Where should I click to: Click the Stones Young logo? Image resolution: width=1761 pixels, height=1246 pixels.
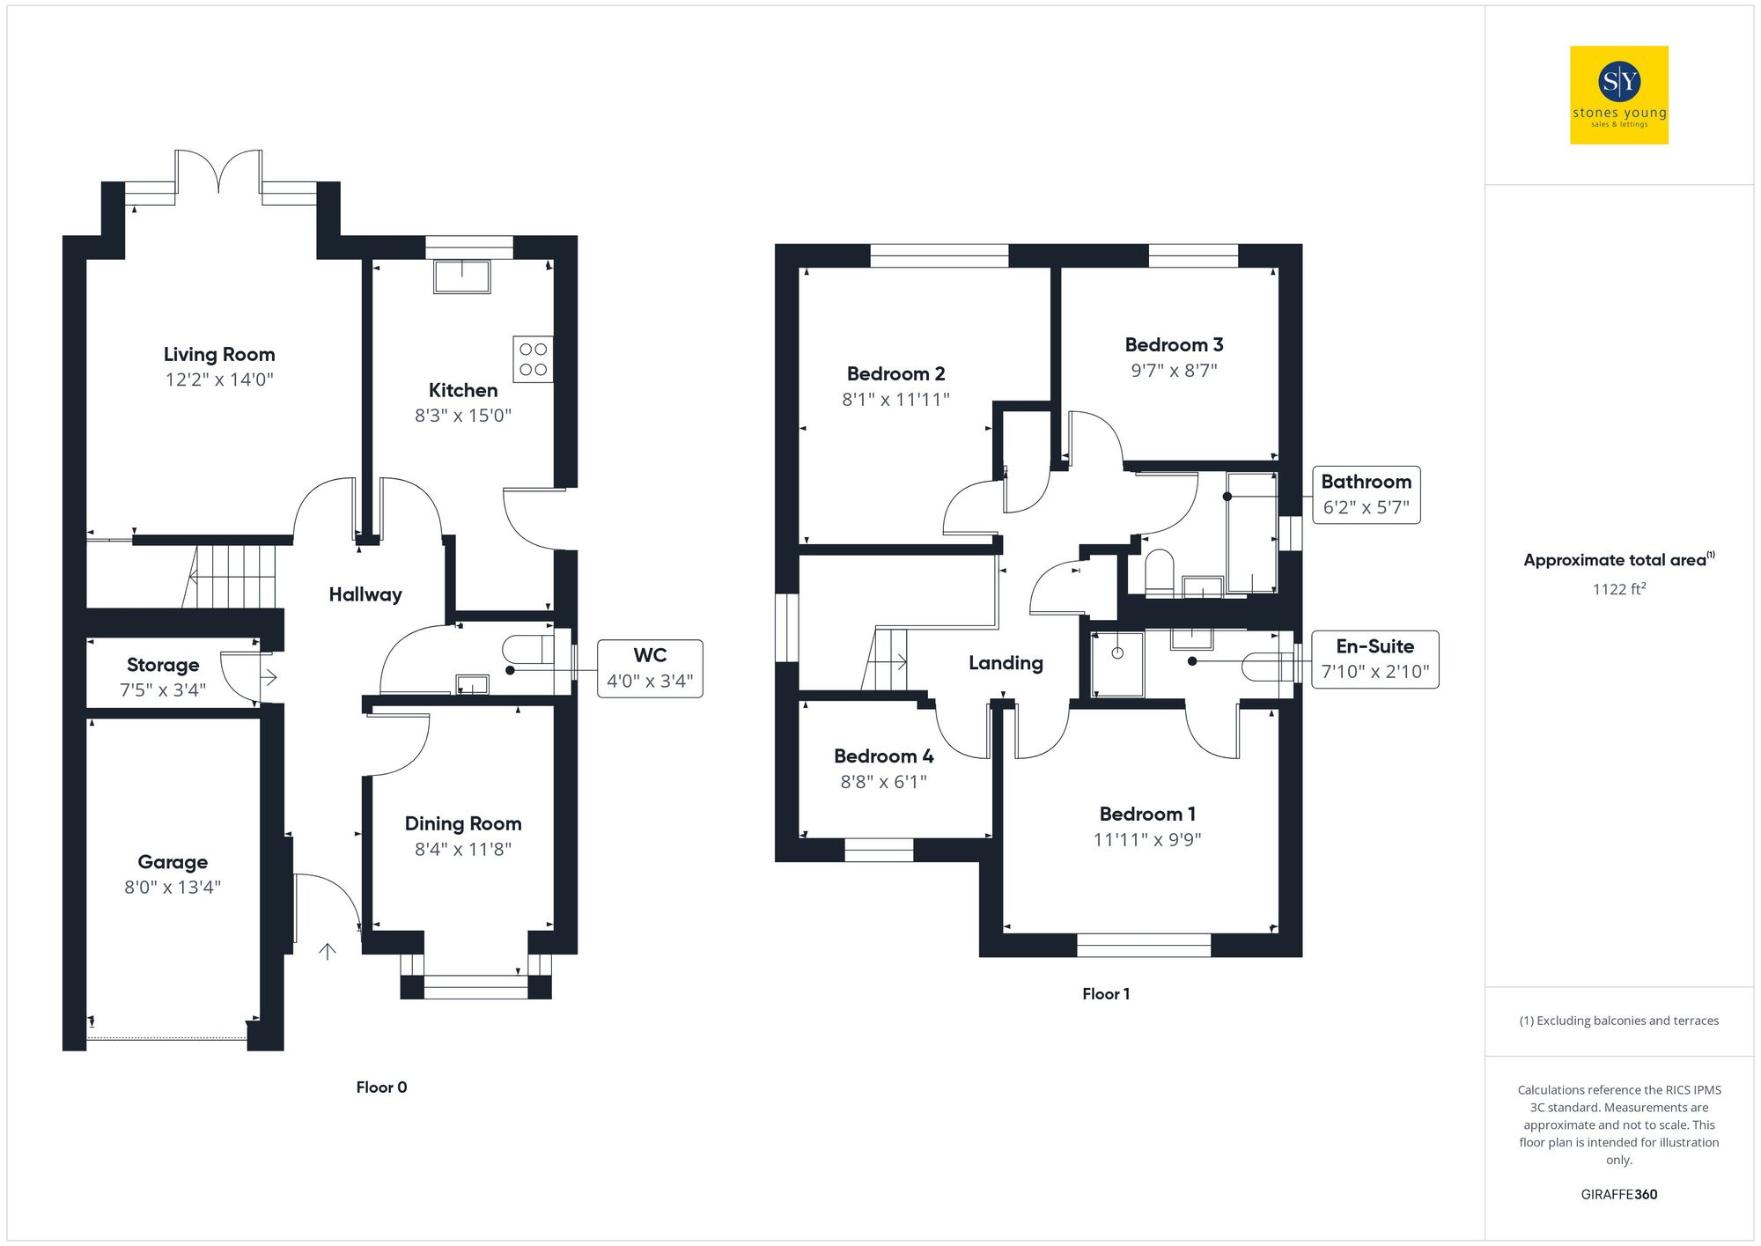point(1618,95)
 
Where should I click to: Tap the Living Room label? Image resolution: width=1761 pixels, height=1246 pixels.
point(219,354)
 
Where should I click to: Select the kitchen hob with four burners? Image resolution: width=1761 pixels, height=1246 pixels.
point(533,359)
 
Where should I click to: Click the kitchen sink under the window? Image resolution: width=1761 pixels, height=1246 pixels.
point(461,276)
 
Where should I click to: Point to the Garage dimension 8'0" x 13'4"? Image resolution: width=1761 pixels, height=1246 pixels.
point(173,887)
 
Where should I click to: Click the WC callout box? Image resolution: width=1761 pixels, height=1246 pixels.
point(650,668)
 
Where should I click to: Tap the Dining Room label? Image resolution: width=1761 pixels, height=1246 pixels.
point(463,823)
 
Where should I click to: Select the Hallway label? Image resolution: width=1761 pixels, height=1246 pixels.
point(365,594)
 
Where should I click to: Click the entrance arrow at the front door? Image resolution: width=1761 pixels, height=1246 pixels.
point(328,951)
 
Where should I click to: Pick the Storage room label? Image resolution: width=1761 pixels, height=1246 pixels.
point(163,665)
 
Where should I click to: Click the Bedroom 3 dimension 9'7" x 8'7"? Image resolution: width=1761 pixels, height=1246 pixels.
point(1174,371)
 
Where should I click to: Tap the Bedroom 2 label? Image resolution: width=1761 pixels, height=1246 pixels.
point(895,373)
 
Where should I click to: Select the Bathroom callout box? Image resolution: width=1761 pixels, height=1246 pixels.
point(1366,495)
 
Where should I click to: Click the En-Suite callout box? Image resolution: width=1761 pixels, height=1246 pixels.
point(1374,660)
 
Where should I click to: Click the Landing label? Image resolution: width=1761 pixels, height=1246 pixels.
point(1006,663)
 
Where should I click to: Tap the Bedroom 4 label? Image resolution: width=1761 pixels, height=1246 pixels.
point(883,756)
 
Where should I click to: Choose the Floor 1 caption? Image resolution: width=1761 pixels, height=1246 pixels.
point(1106,994)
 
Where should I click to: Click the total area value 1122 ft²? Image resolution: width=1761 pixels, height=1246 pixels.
point(1618,589)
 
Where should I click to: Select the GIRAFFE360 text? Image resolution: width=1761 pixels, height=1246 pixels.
point(1618,1195)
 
